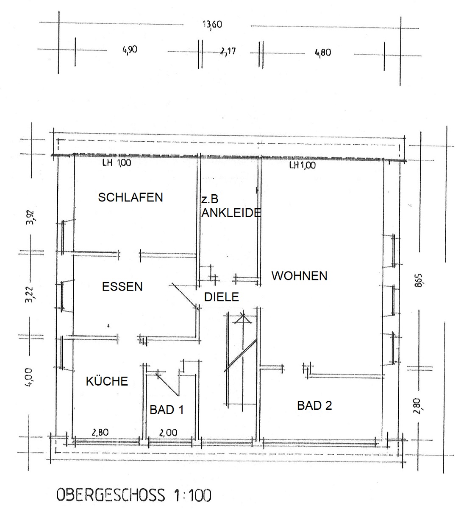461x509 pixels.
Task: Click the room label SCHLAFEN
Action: click(x=131, y=197)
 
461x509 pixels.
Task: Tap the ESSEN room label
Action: click(x=122, y=287)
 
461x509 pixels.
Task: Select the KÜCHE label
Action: click(x=107, y=381)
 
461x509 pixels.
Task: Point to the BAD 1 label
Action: click(x=167, y=410)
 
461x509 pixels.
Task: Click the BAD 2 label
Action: click(x=314, y=406)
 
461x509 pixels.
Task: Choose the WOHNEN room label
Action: click(x=300, y=276)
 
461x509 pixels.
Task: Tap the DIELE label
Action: click(x=222, y=297)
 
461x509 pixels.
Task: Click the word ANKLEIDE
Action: click(x=231, y=213)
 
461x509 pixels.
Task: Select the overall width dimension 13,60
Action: click(x=212, y=25)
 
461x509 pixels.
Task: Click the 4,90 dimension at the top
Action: click(x=130, y=50)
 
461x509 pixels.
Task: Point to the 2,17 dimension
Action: click(x=228, y=51)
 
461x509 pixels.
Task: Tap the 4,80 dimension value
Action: click(x=323, y=53)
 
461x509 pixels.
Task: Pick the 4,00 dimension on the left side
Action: click(x=29, y=377)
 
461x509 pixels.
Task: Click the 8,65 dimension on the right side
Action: click(x=418, y=280)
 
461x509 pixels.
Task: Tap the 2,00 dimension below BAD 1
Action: click(x=168, y=432)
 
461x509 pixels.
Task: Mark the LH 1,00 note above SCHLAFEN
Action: click(x=117, y=162)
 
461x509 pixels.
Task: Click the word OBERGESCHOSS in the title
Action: click(x=111, y=495)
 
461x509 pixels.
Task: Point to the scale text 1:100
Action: click(x=192, y=495)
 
